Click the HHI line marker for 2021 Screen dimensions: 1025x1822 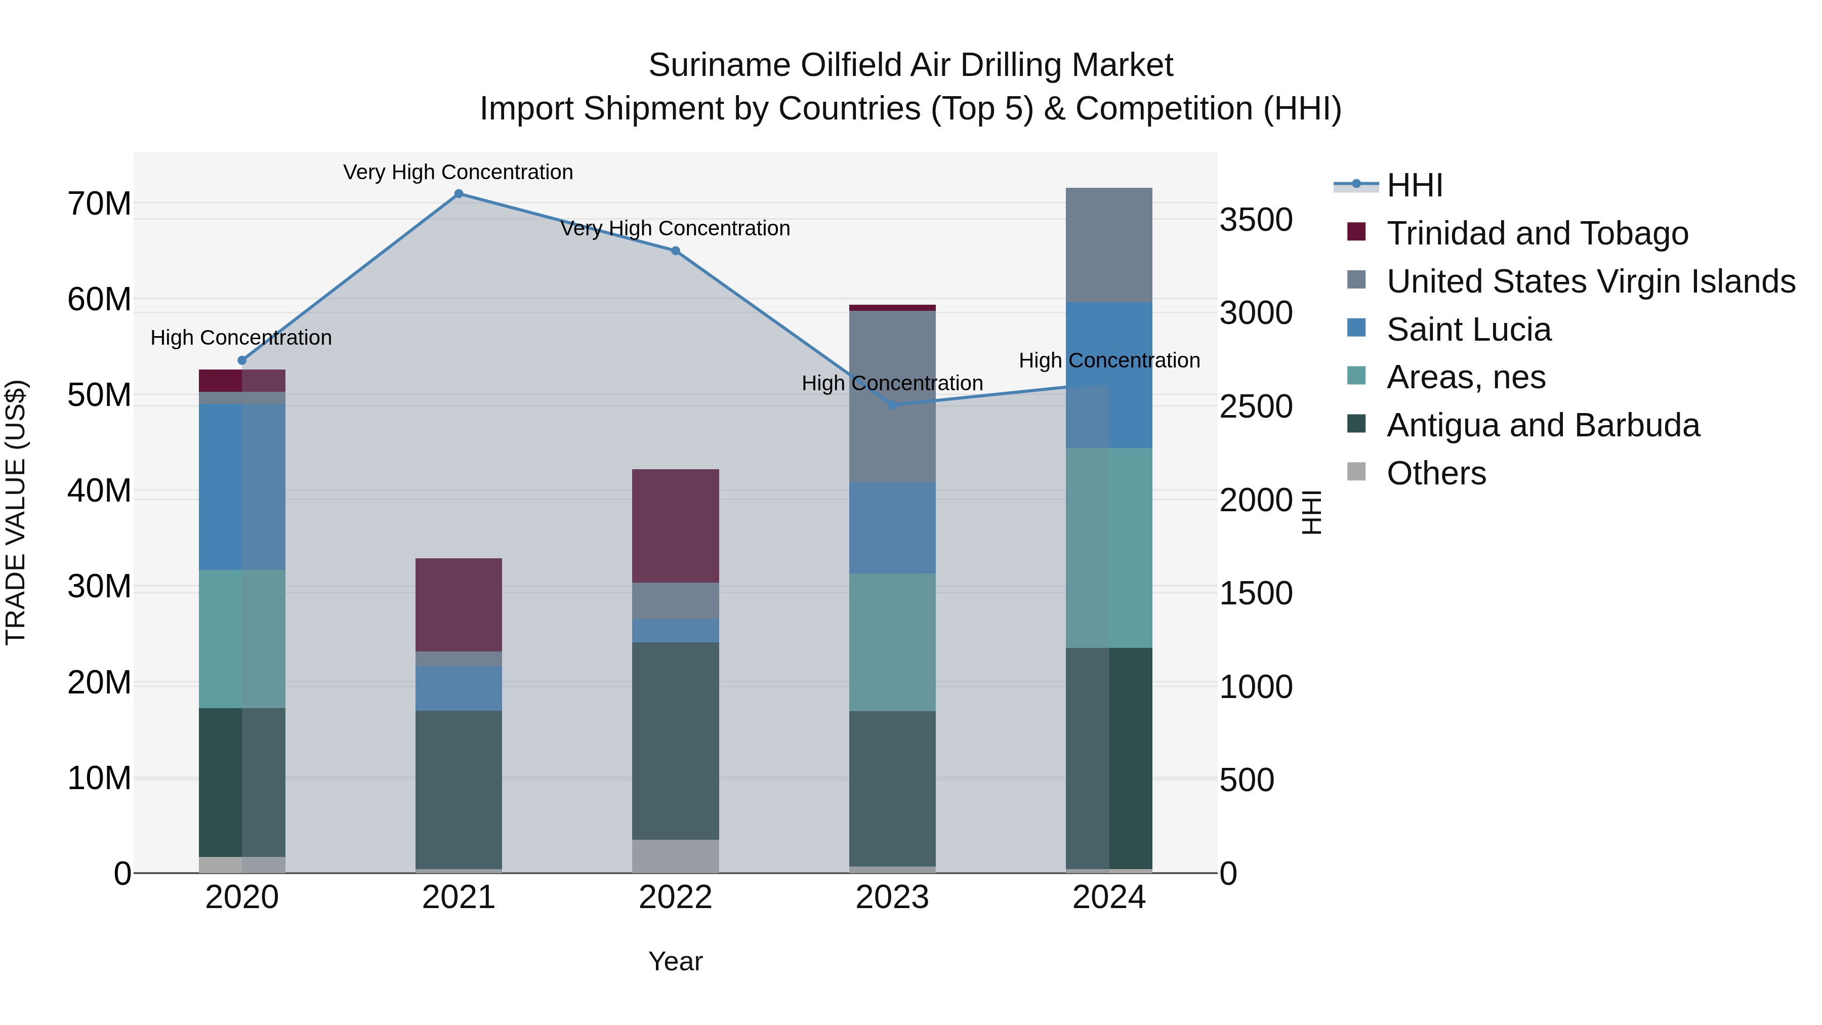pos(459,194)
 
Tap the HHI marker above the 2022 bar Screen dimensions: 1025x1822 pos(676,251)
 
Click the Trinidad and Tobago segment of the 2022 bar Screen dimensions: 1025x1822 pos(676,525)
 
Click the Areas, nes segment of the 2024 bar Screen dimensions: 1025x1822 pos(1109,548)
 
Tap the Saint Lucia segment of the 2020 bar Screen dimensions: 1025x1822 pos(242,486)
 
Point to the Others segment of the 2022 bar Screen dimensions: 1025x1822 pos(676,856)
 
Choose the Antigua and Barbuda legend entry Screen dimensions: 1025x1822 pos(1542,425)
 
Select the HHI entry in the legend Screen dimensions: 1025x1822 pos(1414,185)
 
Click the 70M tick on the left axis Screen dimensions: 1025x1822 pos(99,203)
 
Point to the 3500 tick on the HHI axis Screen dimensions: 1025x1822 pos(1256,220)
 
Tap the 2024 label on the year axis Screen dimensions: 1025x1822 pos(1109,897)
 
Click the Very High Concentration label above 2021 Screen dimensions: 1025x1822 pos(459,172)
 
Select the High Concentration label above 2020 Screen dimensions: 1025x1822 pos(241,338)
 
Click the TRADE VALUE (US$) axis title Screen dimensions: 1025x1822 pos(16,512)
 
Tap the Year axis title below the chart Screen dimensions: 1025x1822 pos(676,961)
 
